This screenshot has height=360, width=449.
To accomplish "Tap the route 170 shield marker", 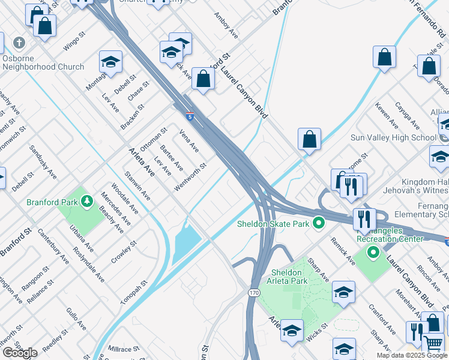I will click(254, 292).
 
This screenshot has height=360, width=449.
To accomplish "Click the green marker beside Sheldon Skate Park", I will click(319, 224).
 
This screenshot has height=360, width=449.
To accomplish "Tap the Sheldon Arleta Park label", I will click(286, 277).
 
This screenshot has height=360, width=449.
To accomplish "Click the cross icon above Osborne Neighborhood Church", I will click(19, 43).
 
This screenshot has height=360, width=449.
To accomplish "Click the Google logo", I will click(20, 353).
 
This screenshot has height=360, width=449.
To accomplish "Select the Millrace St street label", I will click(124, 348).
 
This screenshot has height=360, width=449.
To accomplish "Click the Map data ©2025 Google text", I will click(411, 355).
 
